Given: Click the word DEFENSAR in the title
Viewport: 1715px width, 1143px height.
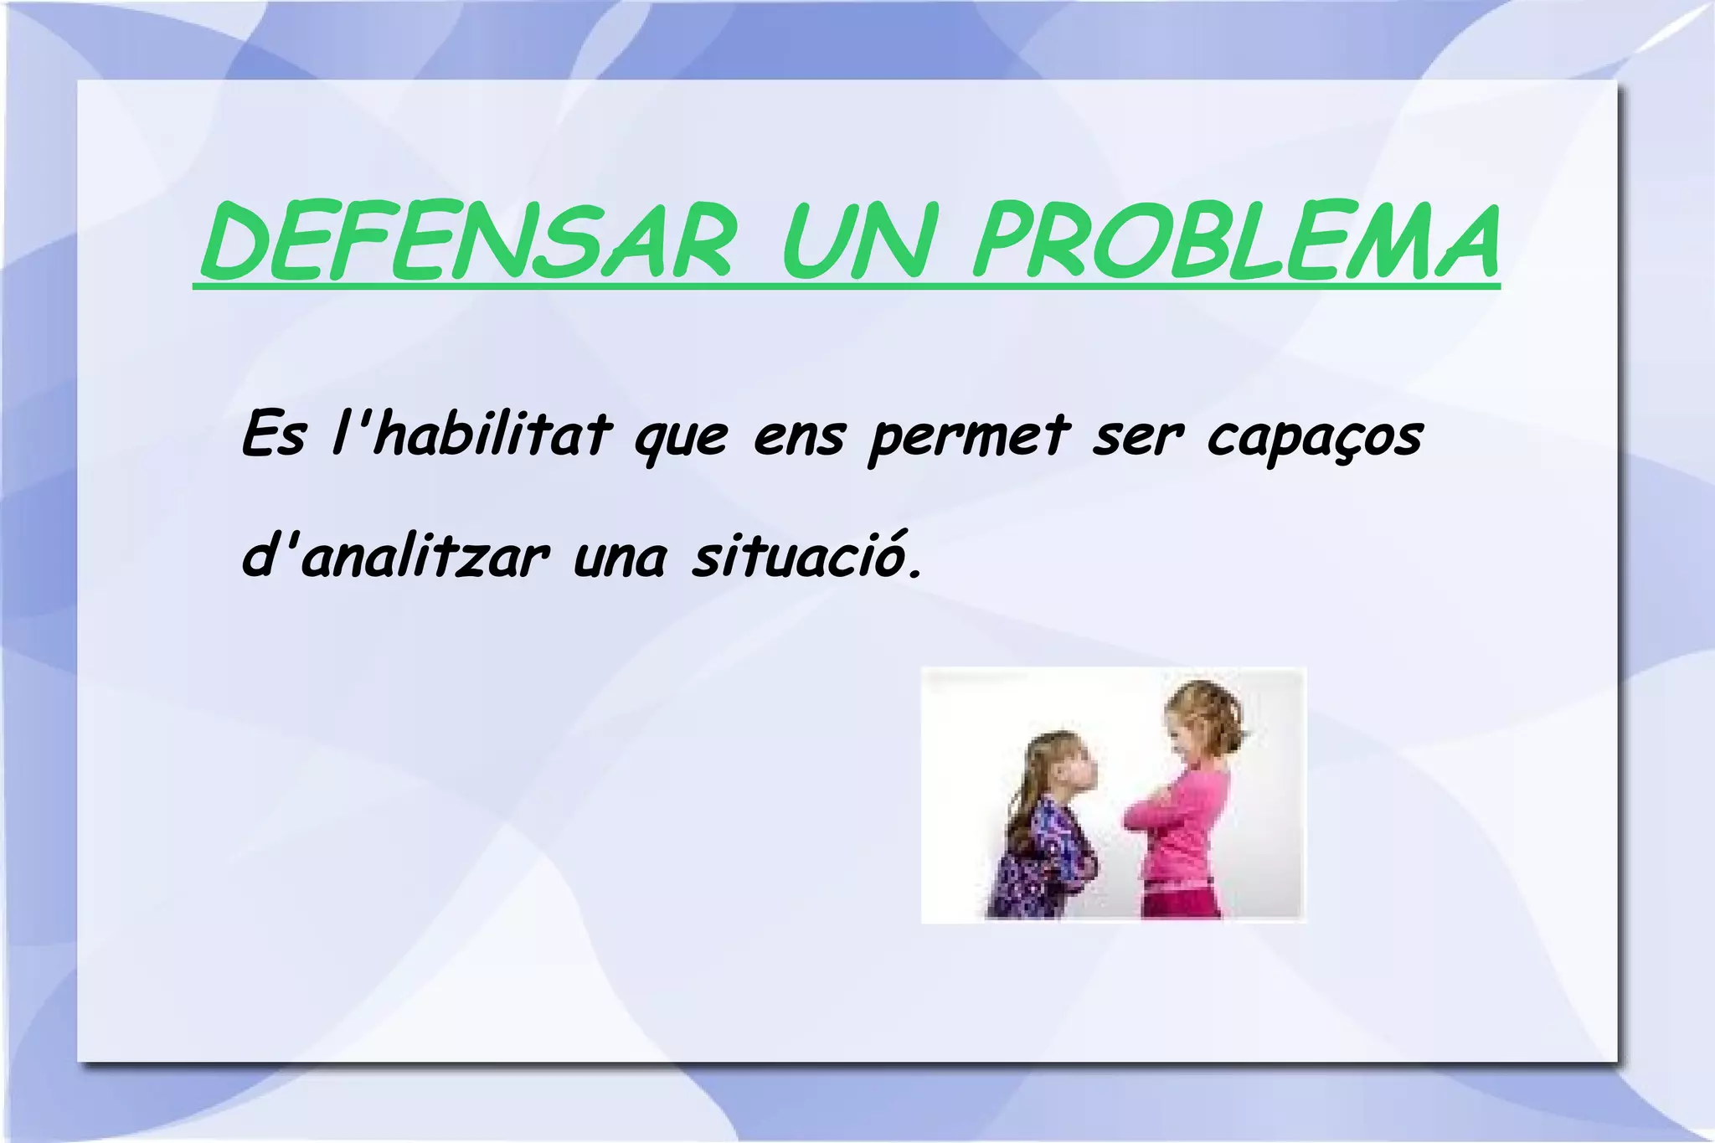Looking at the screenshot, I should point(466,243).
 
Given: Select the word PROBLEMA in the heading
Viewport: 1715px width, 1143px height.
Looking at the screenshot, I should point(1234,243).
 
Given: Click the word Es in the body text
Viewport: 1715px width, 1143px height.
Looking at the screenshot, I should point(272,435).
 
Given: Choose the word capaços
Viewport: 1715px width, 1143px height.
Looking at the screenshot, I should point(1315,440).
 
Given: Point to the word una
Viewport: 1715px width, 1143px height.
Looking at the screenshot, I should point(620,559).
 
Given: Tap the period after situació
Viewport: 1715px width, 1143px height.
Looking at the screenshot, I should point(914,574).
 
